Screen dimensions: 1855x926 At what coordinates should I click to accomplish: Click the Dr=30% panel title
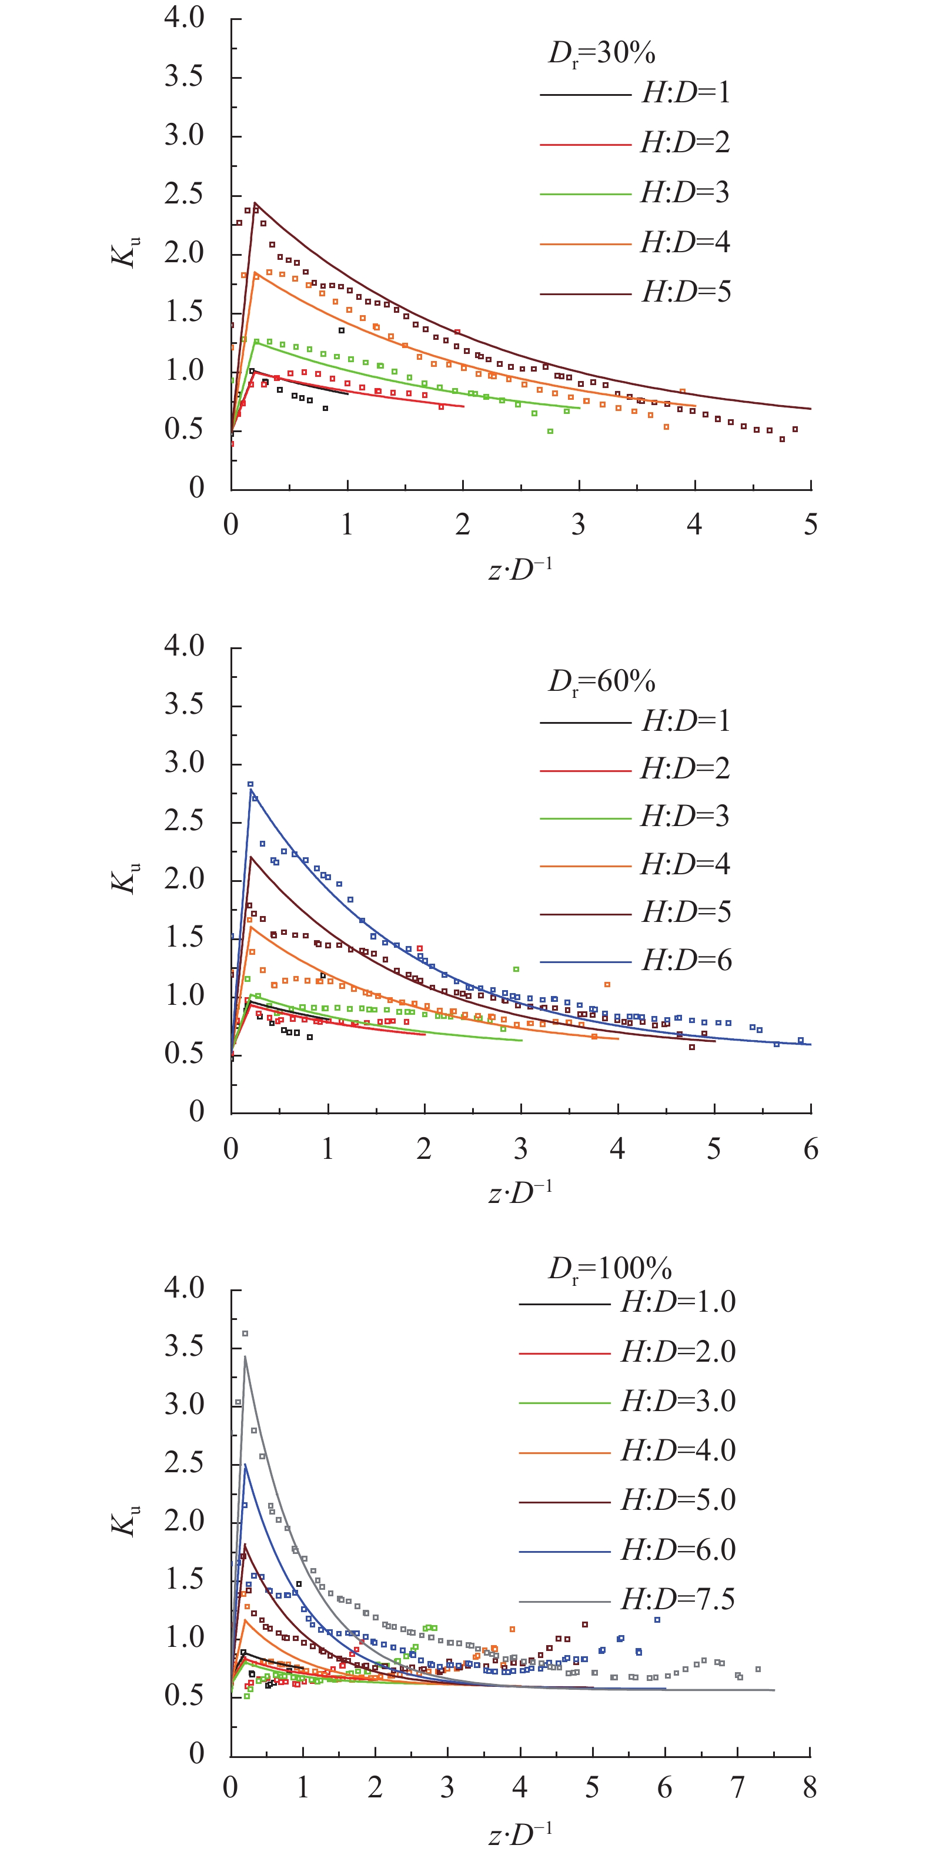pos(601,54)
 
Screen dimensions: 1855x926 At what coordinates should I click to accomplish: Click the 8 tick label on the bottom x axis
pos(810,1787)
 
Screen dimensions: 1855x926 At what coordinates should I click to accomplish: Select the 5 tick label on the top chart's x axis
pos(811,524)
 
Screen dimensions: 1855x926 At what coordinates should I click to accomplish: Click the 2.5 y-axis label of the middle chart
pos(185,821)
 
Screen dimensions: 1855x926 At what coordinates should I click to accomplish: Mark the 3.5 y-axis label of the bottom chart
pos(185,1346)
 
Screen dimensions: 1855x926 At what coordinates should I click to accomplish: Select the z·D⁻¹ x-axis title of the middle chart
pos(520,1192)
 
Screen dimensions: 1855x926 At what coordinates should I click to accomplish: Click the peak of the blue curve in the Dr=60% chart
pos(250,790)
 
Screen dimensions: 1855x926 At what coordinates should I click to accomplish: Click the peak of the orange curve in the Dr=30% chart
pos(254,272)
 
